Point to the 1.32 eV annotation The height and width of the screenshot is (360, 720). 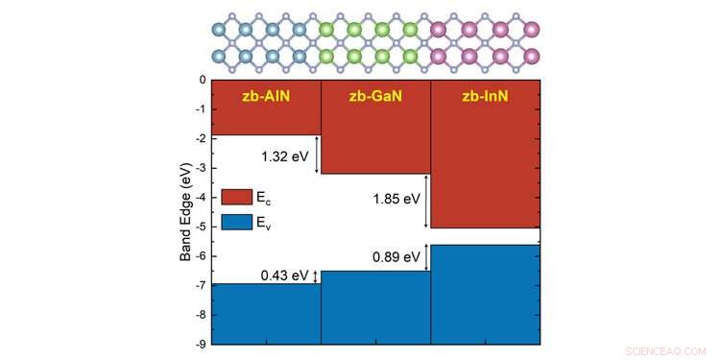pos(285,155)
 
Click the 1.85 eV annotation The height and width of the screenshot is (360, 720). pos(396,200)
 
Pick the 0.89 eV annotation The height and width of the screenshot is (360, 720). pos(396,257)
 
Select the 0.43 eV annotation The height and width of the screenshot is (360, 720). pos(285,276)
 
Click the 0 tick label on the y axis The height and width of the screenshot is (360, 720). pos(202,80)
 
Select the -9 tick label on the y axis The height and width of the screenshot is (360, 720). pos(200,344)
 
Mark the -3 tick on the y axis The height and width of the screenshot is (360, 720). pos(200,168)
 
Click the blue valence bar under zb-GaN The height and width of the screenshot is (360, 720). pos(375,307)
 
